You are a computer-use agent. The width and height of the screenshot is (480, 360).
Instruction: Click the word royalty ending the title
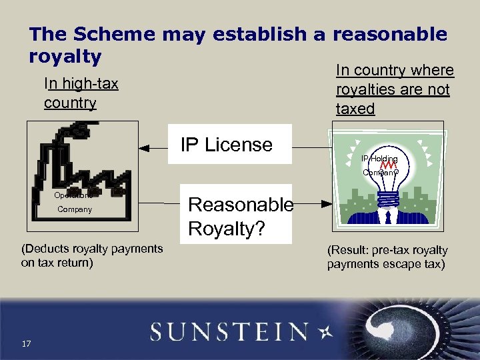[x=65, y=57]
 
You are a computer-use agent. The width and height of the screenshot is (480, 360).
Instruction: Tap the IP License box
[x=227, y=144]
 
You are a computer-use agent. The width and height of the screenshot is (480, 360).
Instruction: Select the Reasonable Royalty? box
[x=240, y=217]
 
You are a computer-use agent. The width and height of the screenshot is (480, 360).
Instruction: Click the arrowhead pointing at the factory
[x=143, y=146]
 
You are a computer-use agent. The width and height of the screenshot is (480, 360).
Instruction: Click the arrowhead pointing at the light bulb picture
[x=327, y=203]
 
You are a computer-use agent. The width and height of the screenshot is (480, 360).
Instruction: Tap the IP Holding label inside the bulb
[x=379, y=159]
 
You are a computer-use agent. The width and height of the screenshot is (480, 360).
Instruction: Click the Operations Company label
[x=74, y=203]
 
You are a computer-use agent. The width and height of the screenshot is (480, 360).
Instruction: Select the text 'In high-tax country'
[x=81, y=93]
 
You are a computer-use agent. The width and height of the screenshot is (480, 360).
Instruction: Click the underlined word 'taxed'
[x=355, y=109]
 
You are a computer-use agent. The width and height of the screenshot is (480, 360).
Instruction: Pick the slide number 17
[x=26, y=344]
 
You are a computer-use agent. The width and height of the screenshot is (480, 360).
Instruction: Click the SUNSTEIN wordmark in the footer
[x=229, y=331]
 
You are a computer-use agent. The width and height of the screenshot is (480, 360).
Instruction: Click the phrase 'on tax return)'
[x=57, y=263]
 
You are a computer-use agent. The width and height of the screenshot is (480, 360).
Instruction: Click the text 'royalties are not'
[x=393, y=89]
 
